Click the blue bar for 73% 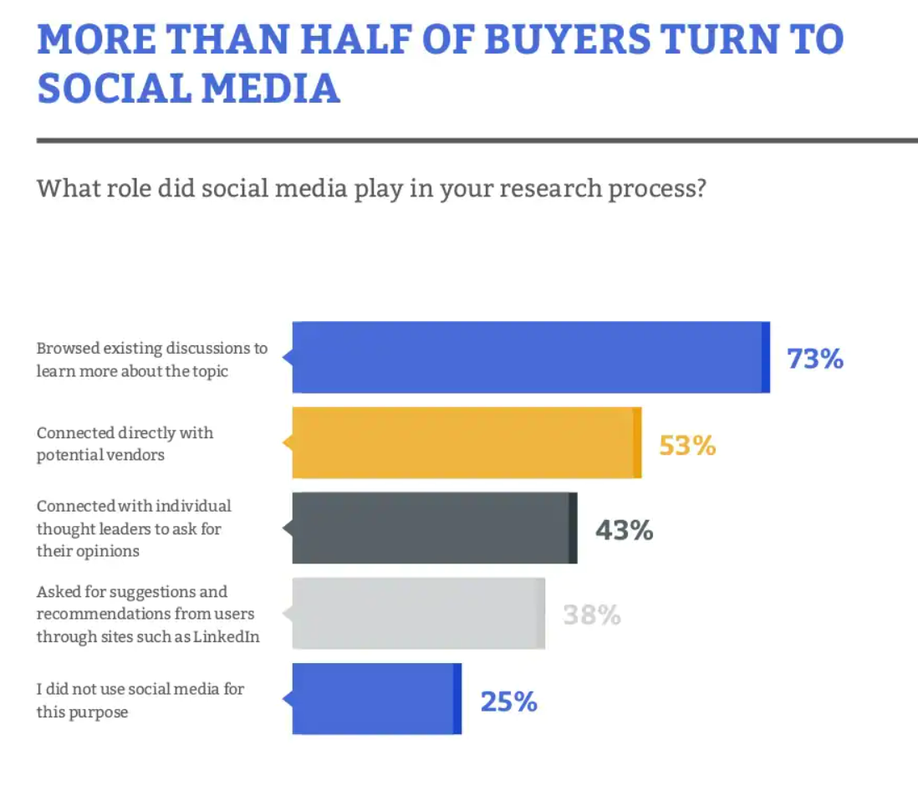pos(530,357)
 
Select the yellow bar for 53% pos(466,443)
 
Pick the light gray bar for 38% pos(418,614)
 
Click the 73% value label pos(814,359)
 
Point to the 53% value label pos(687,445)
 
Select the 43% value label pos(624,530)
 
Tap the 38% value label pos(592,615)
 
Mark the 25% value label pos(508,701)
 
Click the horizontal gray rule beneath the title pos(477,140)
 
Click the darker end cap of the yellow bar pos(637,443)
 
